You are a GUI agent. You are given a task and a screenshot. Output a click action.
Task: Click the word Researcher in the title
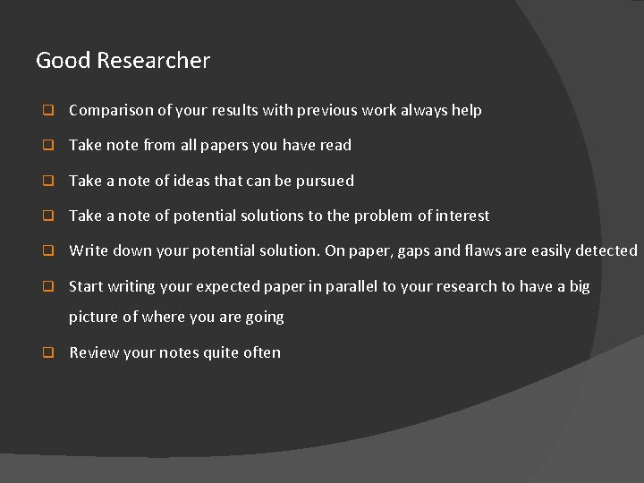tap(153, 61)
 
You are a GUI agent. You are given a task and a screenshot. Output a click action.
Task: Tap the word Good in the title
tap(64, 61)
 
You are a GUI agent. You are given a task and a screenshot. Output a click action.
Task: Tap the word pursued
tap(324, 181)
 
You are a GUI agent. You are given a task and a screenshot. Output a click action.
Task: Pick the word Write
tap(89, 250)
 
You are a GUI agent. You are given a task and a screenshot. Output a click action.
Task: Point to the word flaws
tap(485, 250)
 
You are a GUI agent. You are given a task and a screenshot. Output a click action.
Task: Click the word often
tap(262, 352)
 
